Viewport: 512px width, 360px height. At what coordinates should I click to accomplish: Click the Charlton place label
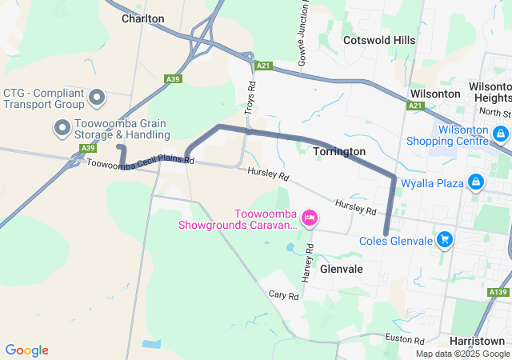pyautogui.click(x=143, y=18)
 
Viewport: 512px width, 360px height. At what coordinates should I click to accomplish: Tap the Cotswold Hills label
pyautogui.click(x=379, y=40)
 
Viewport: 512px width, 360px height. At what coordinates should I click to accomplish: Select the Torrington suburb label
pyautogui.click(x=339, y=151)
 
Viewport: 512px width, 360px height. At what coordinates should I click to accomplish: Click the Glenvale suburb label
pyautogui.click(x=342, y=270)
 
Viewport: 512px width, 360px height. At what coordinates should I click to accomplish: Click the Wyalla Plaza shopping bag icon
pyautogui.click(x=476, y=183)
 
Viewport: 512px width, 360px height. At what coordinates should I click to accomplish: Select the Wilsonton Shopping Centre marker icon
pyautogui.click(x=501, y=133)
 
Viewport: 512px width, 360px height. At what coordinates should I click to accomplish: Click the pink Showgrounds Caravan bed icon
pyautogui.click(x=310, y=217)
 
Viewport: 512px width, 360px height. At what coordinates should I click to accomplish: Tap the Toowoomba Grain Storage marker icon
pyautogui.click(x=62, y=127)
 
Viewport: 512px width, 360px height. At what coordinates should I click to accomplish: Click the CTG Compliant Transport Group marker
pyautogui.click(x=98, y=98)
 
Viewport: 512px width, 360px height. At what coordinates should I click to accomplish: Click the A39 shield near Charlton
pyautogui.click(x=173, y=79)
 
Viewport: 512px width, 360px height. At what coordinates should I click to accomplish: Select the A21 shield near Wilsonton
pyautogui.click(x=414, y=106)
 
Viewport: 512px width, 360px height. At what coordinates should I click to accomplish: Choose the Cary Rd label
pyautogui.click(x=283, y=296)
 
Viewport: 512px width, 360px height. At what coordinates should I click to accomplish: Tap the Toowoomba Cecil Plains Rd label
pyautogui.click(x=140, y=162)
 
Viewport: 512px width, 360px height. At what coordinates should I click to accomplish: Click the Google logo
pyautogui.click(x=26, y=350)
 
